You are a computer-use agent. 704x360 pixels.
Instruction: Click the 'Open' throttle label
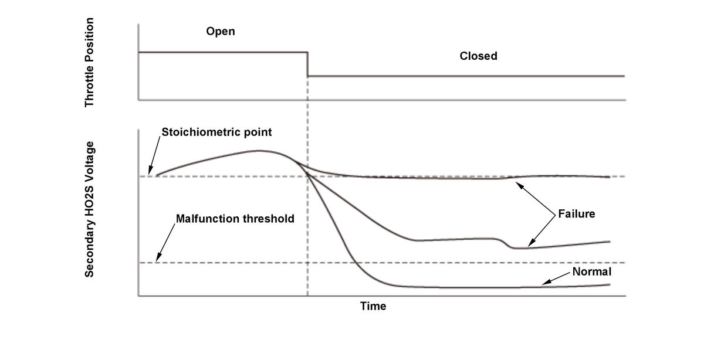click(220, 31)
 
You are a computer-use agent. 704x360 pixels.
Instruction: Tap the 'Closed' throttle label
click(478, 56)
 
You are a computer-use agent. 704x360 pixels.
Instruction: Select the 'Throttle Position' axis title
click(89, 62)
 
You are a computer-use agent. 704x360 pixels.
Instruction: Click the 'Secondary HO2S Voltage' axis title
click(89, 209)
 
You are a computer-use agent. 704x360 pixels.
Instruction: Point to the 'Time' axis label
click(373, 306)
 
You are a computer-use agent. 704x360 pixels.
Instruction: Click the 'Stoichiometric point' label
click(216, 132)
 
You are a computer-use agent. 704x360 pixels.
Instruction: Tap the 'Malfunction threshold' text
click(235, 219)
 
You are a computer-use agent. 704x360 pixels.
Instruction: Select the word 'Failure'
click(576, 214)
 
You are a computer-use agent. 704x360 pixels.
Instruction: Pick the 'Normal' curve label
click(591, 272)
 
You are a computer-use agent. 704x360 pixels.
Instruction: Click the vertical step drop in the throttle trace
click(308, 64)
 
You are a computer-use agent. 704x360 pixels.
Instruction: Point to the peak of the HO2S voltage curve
click(259, 151)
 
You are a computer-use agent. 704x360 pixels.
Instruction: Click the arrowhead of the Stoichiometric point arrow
click(151, 172)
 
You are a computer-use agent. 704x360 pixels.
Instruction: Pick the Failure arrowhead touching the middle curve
click(530, 246)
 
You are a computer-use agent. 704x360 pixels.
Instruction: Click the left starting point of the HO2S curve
click(156, 175)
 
